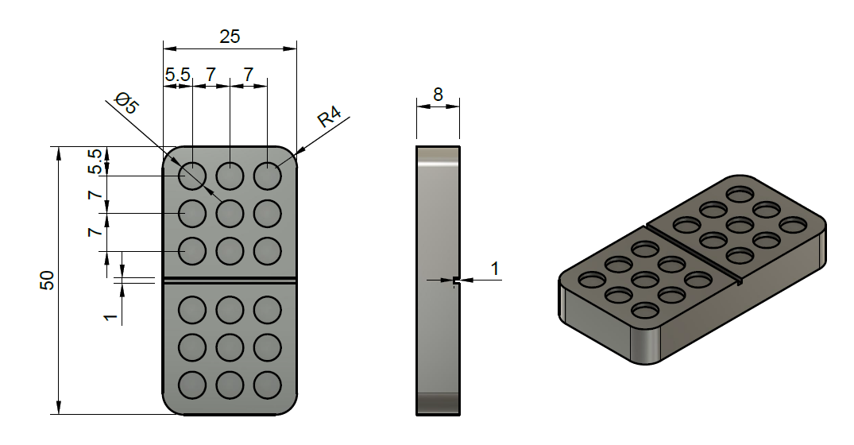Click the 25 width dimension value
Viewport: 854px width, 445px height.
pyautogui.click(x=229, y=36)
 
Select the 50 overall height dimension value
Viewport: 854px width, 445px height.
pyautogui.click(x=47, y=280)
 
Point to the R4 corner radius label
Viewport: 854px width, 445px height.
pyautogui.click(x=330, y=118)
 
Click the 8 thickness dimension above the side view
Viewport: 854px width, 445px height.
pyautogui.click(x=438, y=93)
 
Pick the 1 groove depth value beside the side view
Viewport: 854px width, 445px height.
pyautogui.click(x=494, y=269)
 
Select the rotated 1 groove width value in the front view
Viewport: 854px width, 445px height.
pyautogui.click(x=110, y=317)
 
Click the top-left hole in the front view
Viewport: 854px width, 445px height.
pyautogui.click(x=192, y=176)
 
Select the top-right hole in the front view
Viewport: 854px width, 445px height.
pyautogui.click(x=267, y=176)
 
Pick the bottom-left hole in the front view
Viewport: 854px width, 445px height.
pyautogui.click(x=192, y=385)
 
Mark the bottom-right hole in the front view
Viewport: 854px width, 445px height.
pyautogui.click(x=267, y=385)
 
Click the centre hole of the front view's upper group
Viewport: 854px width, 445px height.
pyautogui.click(x=230, y=213)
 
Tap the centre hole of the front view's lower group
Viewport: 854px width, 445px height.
pyautogui.click(x=230, y=347)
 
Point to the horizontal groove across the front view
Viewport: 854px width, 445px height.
pyautogui.click(x=230, y=280)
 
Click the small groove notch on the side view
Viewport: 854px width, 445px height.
pyautogui.click(x=455, y=281)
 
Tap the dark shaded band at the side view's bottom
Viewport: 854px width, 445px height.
pyautogui.click(x=438, y=403)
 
